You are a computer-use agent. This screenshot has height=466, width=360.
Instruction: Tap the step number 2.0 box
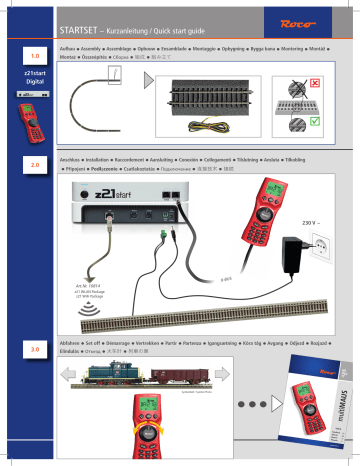tap(35, 162)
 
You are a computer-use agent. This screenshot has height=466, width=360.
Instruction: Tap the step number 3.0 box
tap(35, 322)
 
